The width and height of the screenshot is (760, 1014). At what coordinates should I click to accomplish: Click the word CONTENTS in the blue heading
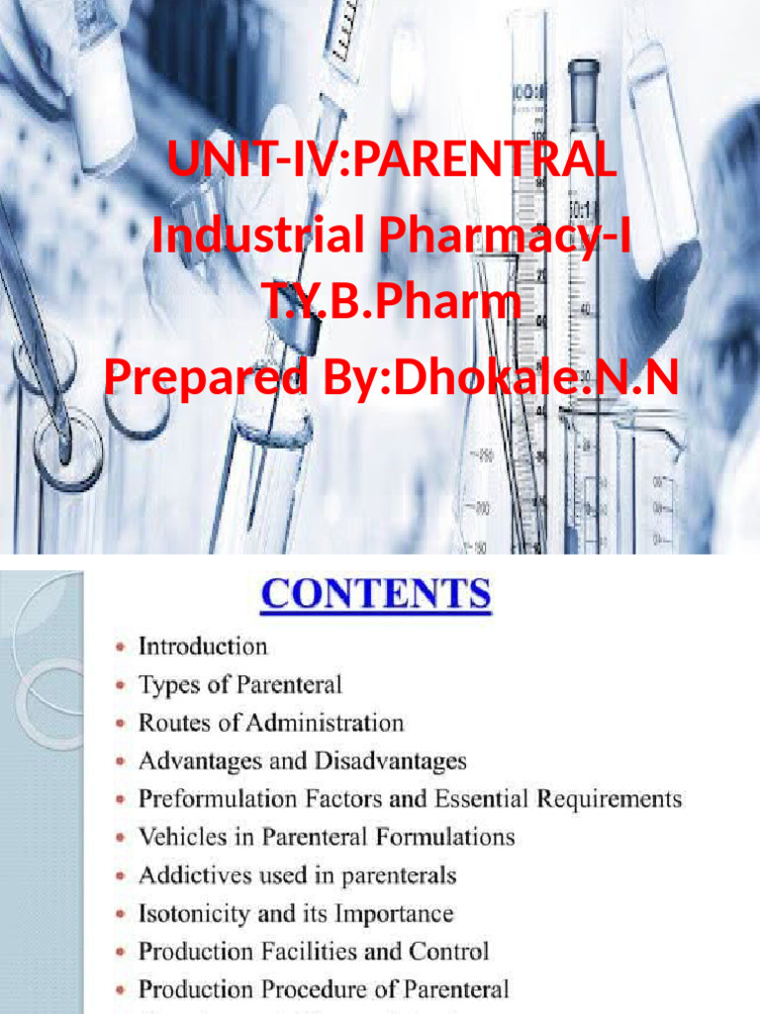(x=375, y=595)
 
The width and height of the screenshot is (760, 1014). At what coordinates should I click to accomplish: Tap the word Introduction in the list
(x=203, y=647)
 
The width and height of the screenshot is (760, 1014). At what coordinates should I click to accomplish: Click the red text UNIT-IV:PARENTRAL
(x=392, y=159)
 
